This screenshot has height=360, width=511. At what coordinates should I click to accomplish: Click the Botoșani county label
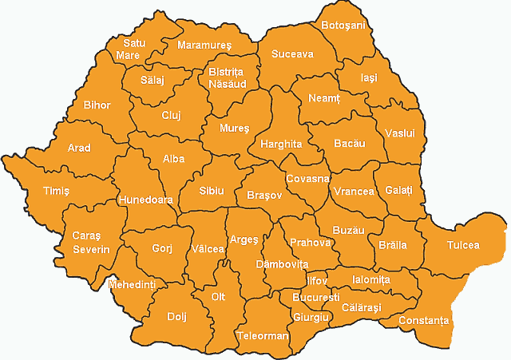343,26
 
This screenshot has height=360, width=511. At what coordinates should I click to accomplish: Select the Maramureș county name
204,45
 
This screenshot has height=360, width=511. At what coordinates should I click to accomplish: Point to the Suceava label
292,54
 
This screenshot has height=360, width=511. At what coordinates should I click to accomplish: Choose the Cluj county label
171,115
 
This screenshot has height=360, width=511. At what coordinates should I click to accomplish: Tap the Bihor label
97,105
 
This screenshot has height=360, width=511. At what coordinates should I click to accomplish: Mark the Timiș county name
56,191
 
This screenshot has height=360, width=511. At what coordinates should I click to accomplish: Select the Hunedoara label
145,200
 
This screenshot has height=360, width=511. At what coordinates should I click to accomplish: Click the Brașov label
264,195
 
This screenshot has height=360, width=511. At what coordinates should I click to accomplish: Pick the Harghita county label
281,144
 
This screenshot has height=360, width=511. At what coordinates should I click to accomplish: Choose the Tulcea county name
463,245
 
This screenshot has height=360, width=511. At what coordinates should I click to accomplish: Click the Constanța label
425,321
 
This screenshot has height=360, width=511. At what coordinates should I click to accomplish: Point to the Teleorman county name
262,336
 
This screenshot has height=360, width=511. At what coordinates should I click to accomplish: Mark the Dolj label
176,316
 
